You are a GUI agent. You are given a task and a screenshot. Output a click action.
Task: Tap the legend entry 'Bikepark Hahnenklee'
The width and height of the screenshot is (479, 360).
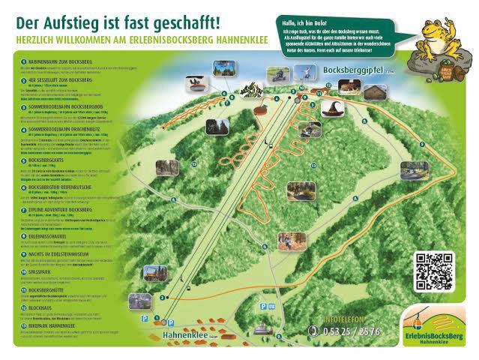pyautogui.click(x=52, y=325)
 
